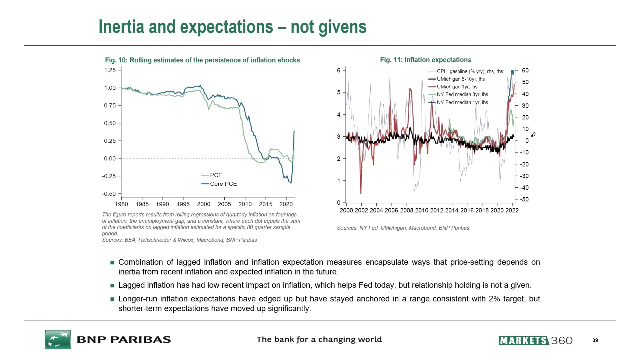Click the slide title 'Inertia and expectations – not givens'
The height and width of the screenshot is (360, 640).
(x=232, y=27)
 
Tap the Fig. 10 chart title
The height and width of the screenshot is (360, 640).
(x=202, y=60)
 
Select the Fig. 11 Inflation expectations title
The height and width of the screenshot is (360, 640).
(x=425, y=60)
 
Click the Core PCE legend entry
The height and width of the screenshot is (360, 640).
(x=223, y=184)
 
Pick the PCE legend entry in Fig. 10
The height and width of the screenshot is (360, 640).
(x=216, y=175)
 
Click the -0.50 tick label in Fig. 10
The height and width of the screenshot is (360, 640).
(x=108, y=194)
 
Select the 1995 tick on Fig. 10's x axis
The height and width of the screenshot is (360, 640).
(x=183, y=204)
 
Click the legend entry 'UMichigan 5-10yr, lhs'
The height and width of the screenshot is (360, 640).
(x=461, y=79)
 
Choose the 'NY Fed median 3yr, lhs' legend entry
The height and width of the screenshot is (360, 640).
(x=462, y=94)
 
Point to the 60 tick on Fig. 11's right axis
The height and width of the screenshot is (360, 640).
(x=525, y=70)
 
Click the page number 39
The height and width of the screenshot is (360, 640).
(x=595, y=341)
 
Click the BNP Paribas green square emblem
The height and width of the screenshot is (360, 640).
(x=57, y=339)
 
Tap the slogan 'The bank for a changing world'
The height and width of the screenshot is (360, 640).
(x=319, y=340)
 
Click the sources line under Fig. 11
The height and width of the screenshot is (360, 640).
(x=403, y=228)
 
